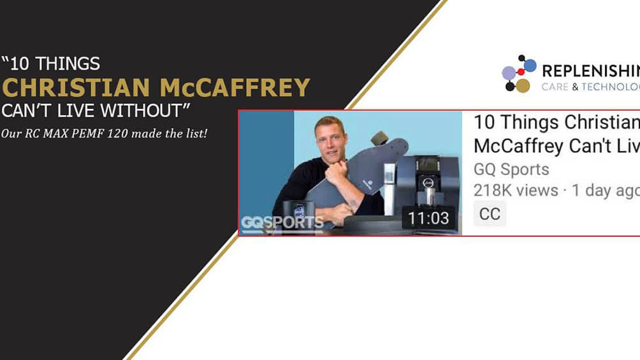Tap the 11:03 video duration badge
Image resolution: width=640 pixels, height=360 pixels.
point(428,219)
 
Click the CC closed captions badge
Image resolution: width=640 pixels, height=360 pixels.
point(490,213)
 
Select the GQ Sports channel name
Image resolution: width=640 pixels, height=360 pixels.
point(511,169)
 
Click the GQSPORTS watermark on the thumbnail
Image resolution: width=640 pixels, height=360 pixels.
point(282,223)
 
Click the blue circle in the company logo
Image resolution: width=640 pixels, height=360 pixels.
point(530,64)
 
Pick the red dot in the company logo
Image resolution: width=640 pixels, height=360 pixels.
point(521,72)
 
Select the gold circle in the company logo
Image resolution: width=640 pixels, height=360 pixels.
point(523,85)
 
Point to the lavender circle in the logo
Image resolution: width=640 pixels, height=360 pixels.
point(509,73)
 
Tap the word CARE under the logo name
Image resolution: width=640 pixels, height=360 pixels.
point(555,87)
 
